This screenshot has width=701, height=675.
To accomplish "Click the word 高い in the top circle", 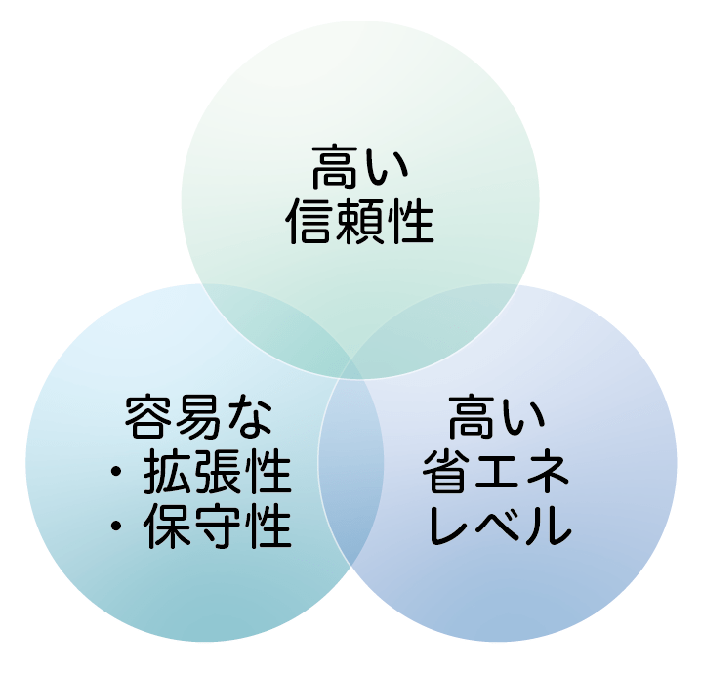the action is (360, 166).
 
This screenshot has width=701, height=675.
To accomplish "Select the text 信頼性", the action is (360, 222).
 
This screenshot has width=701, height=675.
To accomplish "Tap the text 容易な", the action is (198, 417).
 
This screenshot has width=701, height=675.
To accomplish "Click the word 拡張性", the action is (218, 471).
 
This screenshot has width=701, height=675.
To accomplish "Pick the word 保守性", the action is (218, 526).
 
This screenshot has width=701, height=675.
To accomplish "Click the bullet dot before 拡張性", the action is (116, 472).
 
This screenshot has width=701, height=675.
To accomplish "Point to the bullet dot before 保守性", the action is (116, 527).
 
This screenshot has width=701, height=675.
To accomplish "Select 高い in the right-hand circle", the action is (497, 416).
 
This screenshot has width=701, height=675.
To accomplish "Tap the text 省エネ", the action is (496, 471).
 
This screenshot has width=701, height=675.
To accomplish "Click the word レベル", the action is (500, 526).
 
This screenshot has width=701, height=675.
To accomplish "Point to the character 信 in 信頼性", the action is (309, 222).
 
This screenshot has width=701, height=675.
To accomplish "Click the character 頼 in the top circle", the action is (360, 222).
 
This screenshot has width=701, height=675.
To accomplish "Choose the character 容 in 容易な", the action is (148, 417).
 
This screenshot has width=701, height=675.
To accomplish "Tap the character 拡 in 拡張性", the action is (168, 471).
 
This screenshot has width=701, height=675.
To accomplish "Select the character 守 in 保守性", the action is (218, 526).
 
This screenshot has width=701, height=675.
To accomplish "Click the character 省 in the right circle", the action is (446, 471).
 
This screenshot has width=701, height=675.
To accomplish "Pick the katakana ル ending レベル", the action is (550, 526).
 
